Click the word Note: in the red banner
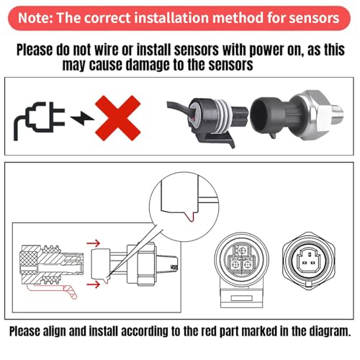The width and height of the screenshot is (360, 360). [x=35, y=18]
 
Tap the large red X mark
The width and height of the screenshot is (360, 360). [x=117, y=118]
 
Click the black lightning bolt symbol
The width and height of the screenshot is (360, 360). [x=81, y=118]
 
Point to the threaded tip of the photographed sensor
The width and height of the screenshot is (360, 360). [x=337, y=114]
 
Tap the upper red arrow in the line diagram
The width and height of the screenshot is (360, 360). [x=94, y=243]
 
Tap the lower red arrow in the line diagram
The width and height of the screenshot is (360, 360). [x=94, y=284]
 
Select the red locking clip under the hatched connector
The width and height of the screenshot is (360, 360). [x=53, y=290]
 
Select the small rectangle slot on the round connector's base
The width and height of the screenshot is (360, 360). [x=241, y=298]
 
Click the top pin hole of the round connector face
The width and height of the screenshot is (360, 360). [x=242, y=251]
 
